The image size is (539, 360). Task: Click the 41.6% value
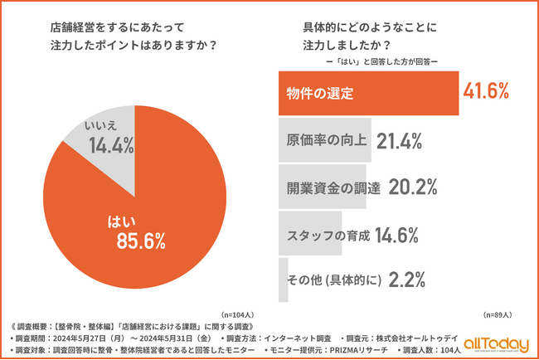pos(486,91)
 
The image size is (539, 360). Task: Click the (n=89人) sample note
pos(497,315)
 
